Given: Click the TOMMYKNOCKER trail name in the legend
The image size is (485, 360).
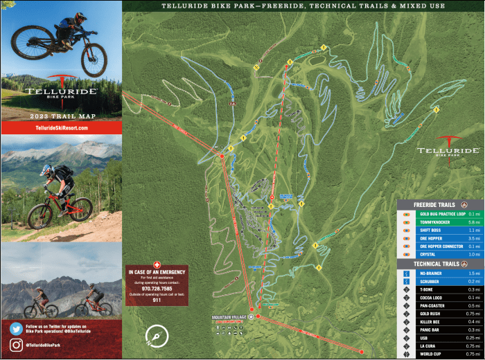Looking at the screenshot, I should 435,222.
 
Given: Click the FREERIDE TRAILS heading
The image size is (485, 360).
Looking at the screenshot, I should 434,205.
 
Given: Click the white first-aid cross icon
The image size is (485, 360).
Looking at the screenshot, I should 157,264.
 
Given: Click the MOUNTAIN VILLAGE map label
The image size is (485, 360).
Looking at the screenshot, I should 229,317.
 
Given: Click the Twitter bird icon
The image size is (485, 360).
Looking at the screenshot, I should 15,329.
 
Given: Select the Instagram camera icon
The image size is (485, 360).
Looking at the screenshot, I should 15,345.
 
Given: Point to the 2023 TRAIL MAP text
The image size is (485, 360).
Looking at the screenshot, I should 61,116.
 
